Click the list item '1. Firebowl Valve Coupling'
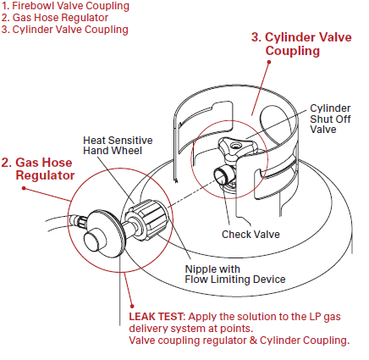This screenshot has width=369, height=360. pos(65,6)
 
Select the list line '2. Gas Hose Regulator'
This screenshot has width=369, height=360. pos(55,18)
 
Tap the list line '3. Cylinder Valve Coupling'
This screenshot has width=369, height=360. pos(65,30)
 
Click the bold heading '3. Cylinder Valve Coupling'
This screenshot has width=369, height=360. pos(301,44)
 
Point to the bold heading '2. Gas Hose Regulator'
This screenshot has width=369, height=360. pos(38,169)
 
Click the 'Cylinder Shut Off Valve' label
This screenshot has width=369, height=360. pos(330,119)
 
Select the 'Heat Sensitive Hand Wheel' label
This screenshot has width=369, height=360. pos(118,146)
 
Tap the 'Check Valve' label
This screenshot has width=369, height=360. pos(251,235)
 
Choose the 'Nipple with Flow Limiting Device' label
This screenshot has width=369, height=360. pos(235,274)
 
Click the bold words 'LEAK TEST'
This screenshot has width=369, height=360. pos(157,317)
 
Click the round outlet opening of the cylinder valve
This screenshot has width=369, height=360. pos(220,175)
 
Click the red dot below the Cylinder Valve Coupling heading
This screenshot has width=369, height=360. pos(269,62)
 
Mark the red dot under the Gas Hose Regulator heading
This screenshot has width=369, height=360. pos(24,188)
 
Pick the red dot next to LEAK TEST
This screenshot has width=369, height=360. pos(132,306)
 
